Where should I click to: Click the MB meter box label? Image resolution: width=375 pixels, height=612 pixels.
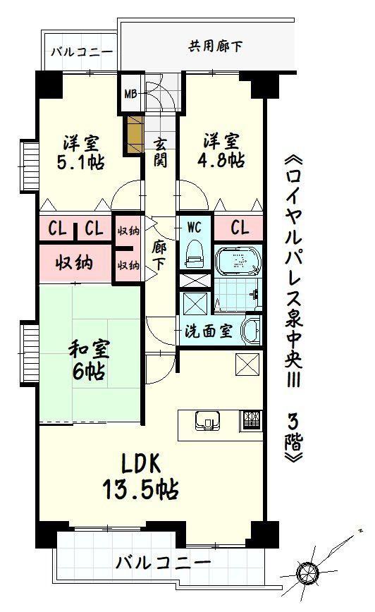pyautogui.click(x=130, y=94)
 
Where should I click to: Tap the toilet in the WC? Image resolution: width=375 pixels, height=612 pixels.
pyautogui.click(x=195, y=254)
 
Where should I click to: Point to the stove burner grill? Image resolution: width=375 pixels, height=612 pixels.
pyautogui.click(x=252, y=421)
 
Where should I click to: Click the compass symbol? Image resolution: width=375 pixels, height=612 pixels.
pyautogui.click(x=307, y=573)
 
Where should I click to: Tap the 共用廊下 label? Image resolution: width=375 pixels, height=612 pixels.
pyautogui.click(x=215, y=47)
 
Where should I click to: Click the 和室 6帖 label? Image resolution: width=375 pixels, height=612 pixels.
pyautogui.click(x=89, y=360)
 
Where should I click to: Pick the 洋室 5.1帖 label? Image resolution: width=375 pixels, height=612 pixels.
pyautogui.click(x=81, y=152)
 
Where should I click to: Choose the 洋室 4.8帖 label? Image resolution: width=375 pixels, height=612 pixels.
pyautogui.click(x=221, y=151)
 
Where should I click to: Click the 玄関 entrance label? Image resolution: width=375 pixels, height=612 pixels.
pyautogui.click(x=160, y=152)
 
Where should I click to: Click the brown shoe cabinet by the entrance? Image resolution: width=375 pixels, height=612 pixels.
pyautogui.click(x=133, y=134)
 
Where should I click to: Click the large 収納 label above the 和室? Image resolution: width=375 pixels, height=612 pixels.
pyautogui.click(x=73, y=263)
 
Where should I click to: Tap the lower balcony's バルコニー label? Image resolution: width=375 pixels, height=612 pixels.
pyautogui.click(x=163, y=563)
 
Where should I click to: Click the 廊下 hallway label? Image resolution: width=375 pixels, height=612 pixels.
pyautogui.click(x=159, y=256)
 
